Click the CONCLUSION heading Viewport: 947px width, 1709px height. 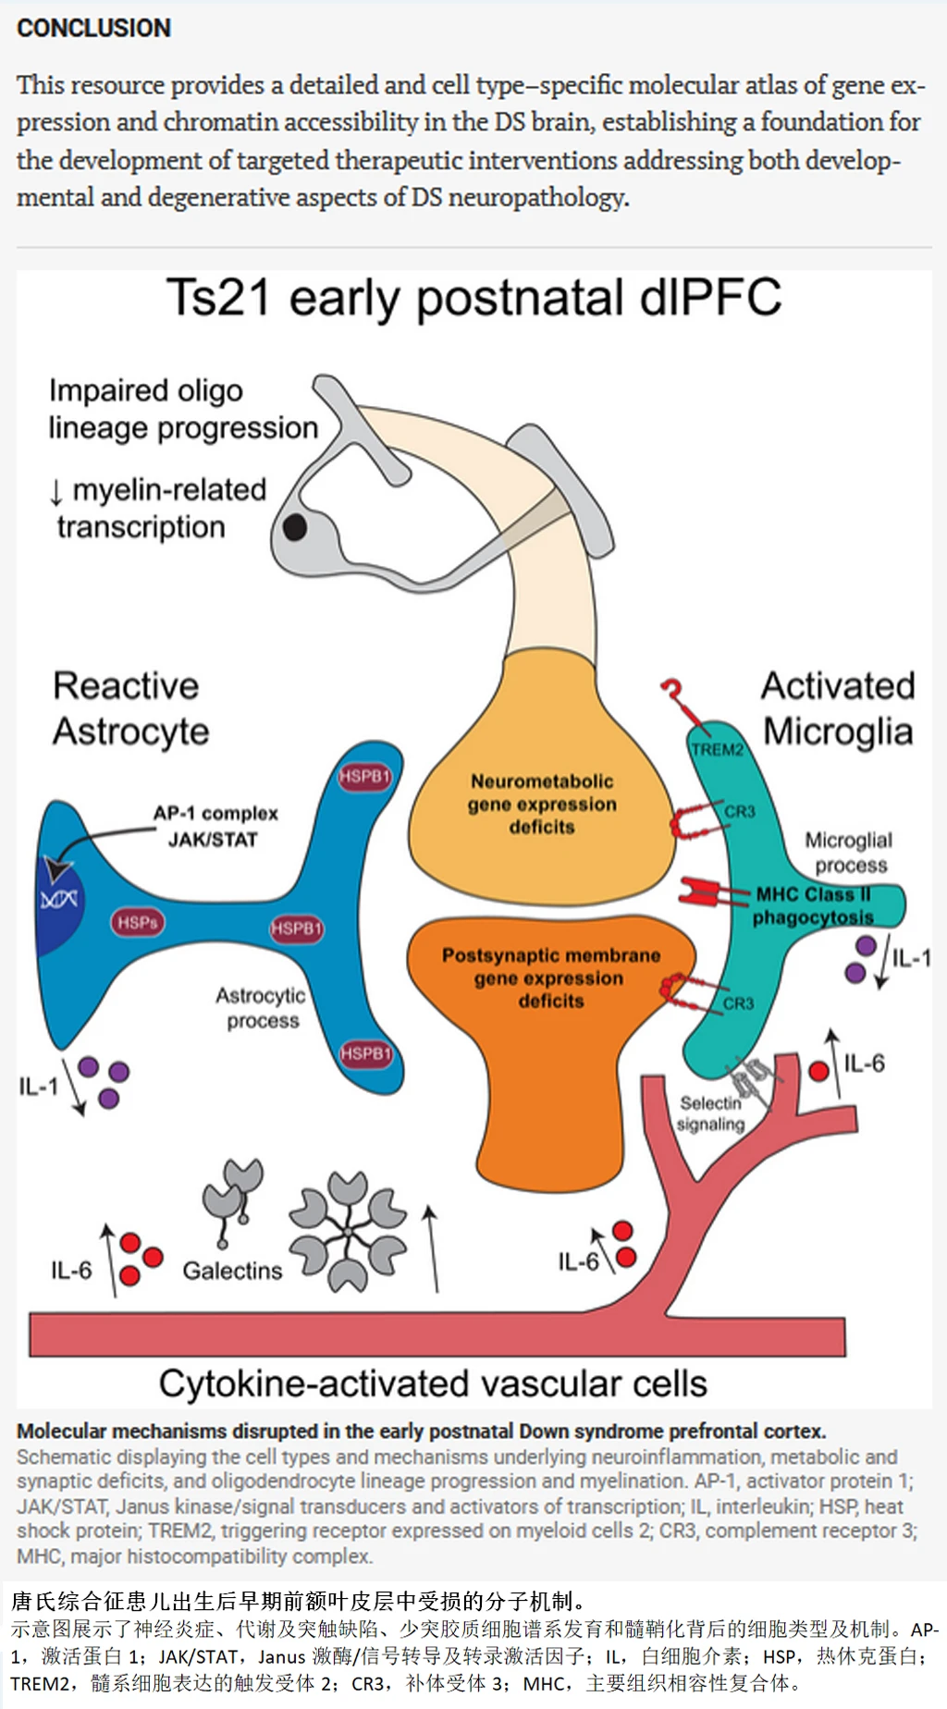pos(93,29)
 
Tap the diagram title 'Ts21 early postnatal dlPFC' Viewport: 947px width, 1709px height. pos(473,299)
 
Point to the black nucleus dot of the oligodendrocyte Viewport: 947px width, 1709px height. pos(295,527)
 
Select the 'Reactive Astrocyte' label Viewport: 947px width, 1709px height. pos(129,708)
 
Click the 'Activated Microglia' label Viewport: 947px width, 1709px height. pos(838,708)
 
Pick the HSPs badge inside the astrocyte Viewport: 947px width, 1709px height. pos(138,922)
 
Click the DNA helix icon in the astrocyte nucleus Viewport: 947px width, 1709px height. pos(59,898)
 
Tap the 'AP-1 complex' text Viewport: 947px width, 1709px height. pos(215,814)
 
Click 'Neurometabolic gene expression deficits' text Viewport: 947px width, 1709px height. pos(542,804)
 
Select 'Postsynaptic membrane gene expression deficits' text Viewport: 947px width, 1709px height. pos(551,977)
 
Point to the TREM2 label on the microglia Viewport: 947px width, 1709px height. pos(717,749)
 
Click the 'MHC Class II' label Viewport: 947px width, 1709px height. pos(813,894)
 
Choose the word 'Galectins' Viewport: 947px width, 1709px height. pos(232,1271)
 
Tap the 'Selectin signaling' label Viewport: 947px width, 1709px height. pos(710,1113)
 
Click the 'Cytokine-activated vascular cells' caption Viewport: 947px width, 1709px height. pos(433,1383)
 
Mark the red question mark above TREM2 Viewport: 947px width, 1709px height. pos(672,691)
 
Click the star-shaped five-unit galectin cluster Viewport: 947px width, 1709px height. pos(347,1232)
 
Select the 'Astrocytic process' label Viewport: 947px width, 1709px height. pos(262,1008)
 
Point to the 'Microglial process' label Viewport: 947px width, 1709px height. pos(849,852)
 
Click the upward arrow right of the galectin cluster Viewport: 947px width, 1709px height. pos(431,1248)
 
